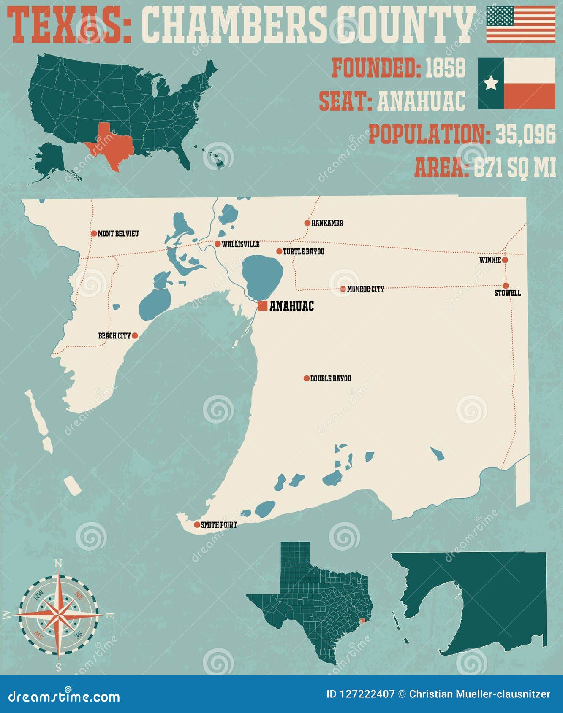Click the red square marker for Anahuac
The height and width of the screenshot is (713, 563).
pyautogui.click(x=262, y=306)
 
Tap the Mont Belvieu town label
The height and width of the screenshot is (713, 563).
pyautogui.click(x=118, y=234)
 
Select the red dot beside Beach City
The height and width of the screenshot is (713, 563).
pyautogui.click(x=135, y=336)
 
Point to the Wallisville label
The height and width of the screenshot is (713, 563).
pyautogui.click(x=240, y=245)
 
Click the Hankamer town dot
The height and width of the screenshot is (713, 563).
pyautogui.click(x=307, y=223)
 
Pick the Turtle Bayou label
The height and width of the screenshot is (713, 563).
pyautogui.click(x=303, y=252)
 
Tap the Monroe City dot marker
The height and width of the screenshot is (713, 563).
pyautogui.click(x=343, y=289)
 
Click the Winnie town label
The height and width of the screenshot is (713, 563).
pyautogui.click(x=490, y=260)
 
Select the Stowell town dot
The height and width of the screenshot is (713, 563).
pyautogui.click(x=506, y=285)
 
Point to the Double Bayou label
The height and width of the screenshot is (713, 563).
pyautogui.click(x=330, y=379)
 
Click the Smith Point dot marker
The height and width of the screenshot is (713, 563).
pyautogui.click(x=197, y=525)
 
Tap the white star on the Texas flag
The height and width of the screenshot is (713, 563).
pyautogui.click(x=491, y=83)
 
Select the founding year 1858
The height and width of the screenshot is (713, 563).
pyautogui.click(x=445, y=68)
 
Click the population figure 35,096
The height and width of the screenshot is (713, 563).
pyautogui.click(x=525, y=135)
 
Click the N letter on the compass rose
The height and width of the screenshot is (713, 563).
pyautogui.click(x=59, y=564)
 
